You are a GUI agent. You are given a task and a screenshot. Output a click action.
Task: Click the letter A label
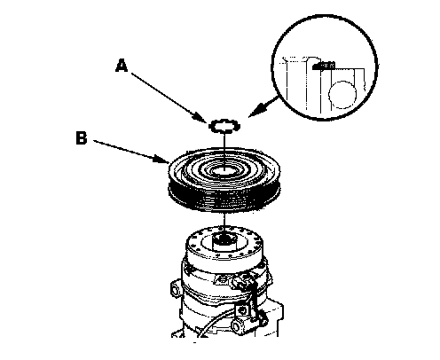(122, 66)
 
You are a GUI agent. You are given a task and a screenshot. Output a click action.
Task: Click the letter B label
(82, 137)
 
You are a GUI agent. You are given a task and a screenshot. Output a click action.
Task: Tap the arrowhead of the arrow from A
(201, 118)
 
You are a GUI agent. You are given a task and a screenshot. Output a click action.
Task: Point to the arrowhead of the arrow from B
(162, 160)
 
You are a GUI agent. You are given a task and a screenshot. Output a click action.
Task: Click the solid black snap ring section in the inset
(324, 66)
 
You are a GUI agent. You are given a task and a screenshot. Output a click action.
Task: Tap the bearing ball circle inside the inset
(342, 95)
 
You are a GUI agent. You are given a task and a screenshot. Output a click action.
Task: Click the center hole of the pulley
(224, 170)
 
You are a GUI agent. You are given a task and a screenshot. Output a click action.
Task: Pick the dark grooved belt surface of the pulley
(224, 197)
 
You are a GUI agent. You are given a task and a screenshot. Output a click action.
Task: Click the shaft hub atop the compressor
(224, 239)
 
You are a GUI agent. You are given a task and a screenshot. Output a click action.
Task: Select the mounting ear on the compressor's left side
(176, 290)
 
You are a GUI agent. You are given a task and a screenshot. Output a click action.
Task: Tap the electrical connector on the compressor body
(243, 283)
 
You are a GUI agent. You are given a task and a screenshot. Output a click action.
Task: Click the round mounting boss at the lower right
(237, 326)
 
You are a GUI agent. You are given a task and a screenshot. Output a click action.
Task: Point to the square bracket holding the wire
(242, 310)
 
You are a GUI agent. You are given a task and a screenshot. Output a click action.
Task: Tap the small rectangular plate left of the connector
(223, 279)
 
